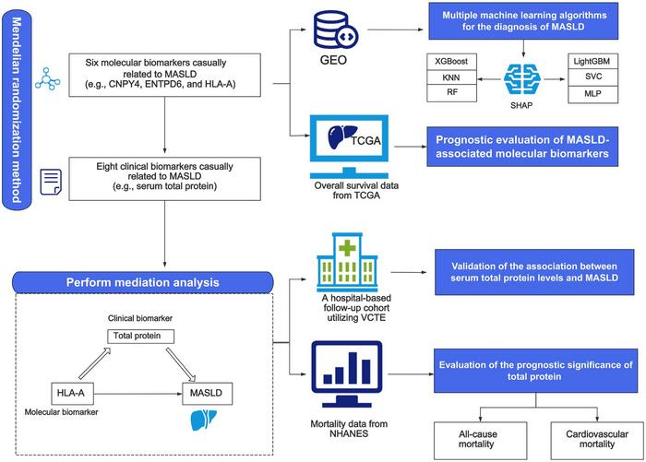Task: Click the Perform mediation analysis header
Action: click(142, 280)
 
